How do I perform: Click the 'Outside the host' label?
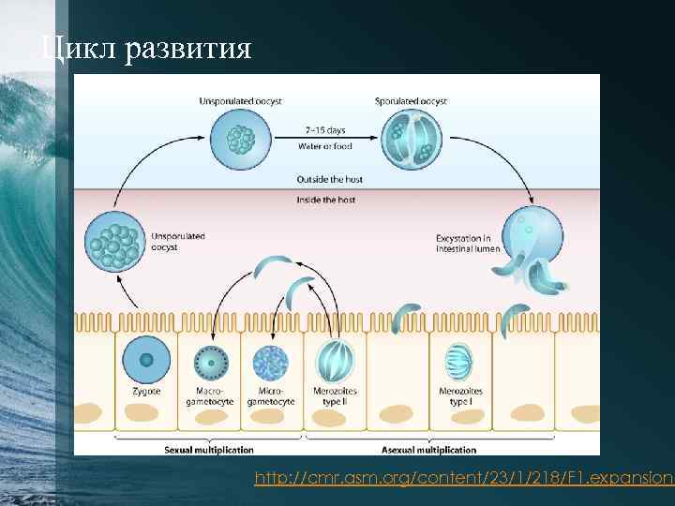329,179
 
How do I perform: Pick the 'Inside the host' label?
325,200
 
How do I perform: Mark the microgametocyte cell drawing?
272,361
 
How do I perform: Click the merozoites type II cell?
335,361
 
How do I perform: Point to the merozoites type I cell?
460,361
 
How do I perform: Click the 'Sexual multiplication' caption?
209,450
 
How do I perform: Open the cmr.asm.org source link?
464,479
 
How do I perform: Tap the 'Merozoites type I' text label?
460,395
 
